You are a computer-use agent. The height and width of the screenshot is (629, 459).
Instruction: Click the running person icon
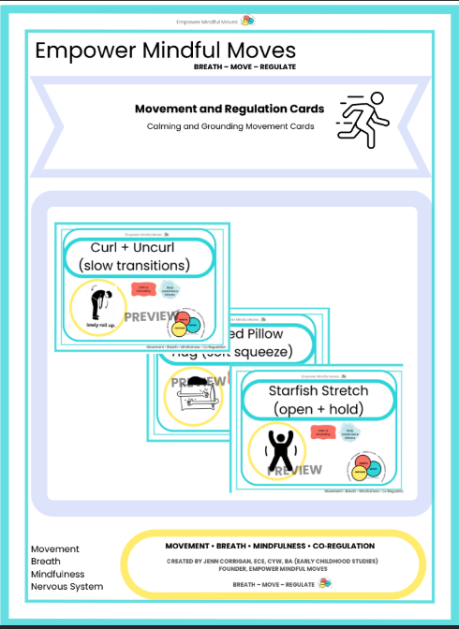coord(363,119)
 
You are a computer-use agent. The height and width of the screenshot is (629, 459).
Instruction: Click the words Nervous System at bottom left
coord(67,587)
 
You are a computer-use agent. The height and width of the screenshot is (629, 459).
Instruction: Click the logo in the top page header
coord(246,20)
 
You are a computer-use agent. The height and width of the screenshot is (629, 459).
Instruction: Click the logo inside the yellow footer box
coord(325,582)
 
